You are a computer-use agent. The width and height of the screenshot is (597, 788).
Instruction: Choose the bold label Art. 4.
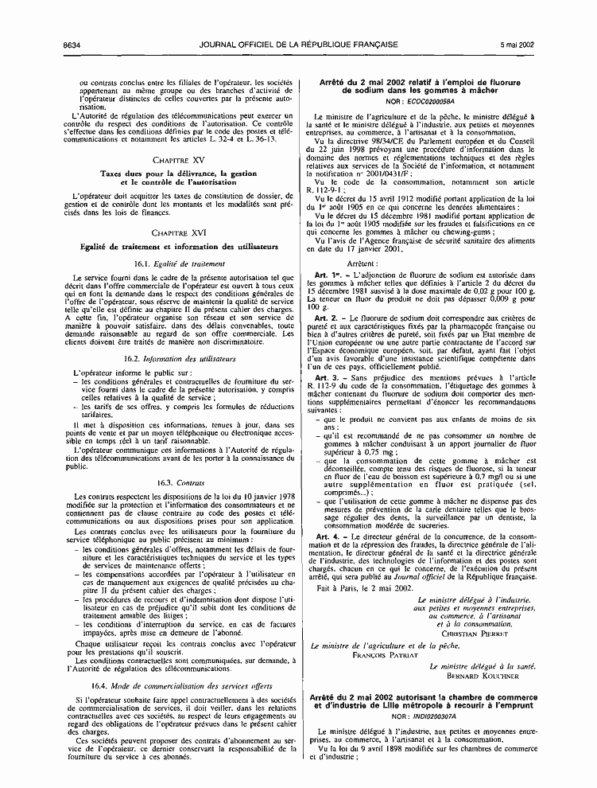[x=322, y=513]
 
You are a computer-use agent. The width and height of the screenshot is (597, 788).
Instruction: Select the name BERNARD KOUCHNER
[x=485, y=653]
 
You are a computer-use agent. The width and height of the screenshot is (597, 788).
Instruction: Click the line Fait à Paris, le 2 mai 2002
[x=352, y=566]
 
